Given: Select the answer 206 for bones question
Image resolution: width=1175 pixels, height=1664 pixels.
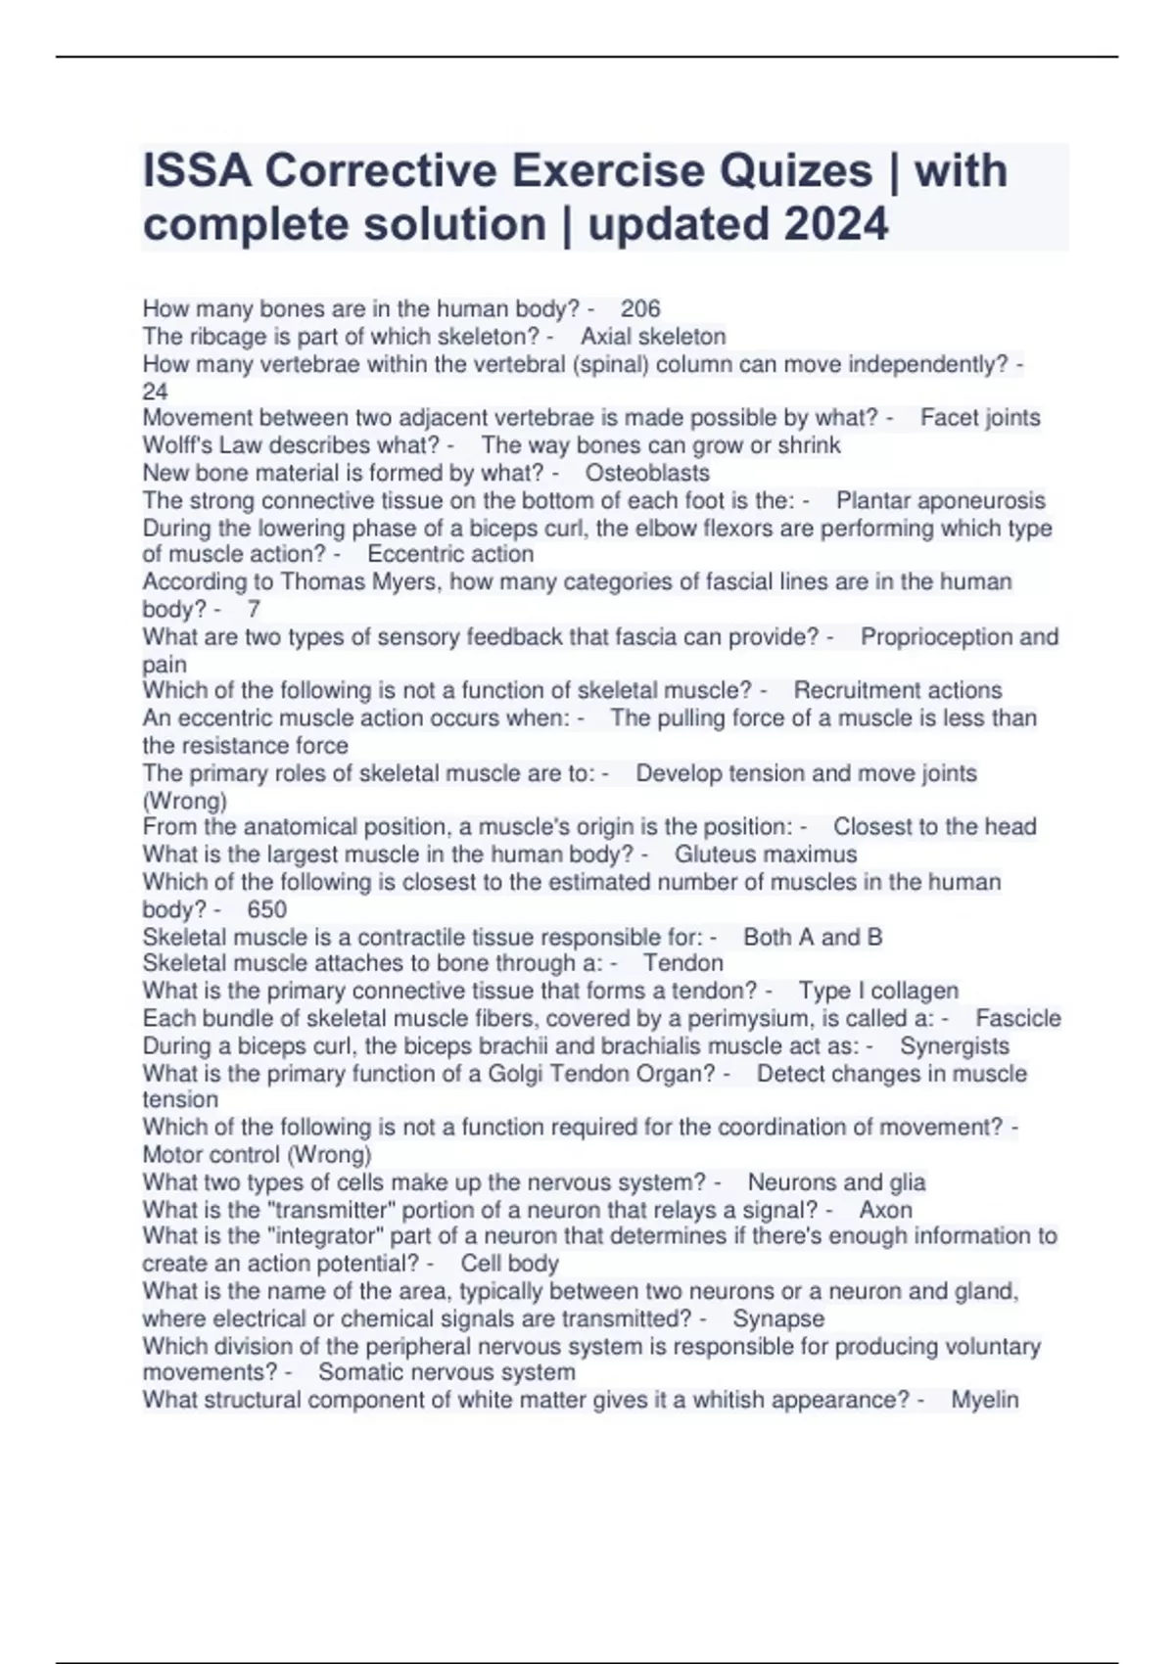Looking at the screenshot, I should pos(640,309).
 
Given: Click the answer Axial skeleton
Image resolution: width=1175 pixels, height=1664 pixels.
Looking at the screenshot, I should pos(653,337).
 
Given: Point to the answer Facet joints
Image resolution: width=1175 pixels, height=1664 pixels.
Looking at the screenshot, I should pos(980,418).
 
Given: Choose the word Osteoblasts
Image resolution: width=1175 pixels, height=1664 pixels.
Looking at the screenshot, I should pos(647,473).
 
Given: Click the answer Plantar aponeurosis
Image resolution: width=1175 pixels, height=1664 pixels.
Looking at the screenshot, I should pos(940,500).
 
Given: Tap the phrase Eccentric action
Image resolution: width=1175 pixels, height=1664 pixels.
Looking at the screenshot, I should pos(450,554).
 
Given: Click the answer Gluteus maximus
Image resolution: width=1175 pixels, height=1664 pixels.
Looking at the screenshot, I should pos(766,855).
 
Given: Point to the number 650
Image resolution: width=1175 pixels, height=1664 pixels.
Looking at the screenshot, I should pos(266,909).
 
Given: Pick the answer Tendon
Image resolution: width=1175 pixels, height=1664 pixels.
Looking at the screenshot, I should pos(682,963).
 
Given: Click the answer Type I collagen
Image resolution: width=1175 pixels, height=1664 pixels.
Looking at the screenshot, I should pos(878,991).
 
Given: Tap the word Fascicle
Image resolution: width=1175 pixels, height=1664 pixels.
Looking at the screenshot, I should pos(1018,1018).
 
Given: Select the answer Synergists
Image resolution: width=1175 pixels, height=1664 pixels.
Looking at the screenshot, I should pos(955,1045).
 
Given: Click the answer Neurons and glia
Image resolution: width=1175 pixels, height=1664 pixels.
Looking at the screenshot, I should pos(836,1182).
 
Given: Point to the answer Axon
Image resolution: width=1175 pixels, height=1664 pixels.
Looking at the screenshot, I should pos(885,1210).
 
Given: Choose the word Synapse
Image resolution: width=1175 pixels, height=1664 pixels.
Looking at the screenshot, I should pos(778,1318).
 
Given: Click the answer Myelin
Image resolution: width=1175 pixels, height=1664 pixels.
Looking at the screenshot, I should pos(985,1400).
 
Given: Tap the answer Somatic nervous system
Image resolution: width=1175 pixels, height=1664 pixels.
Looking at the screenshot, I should pos(446,1372).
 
